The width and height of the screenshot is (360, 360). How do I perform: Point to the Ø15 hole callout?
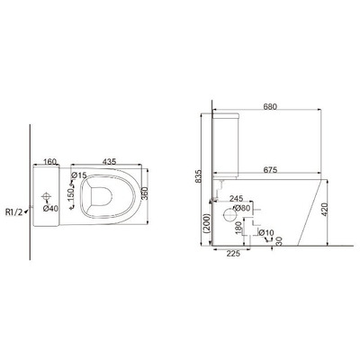78,175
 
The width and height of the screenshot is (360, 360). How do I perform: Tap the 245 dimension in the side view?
236,200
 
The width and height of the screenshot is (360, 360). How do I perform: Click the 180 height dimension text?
237,227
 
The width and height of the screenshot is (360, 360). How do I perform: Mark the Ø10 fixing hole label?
267,233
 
